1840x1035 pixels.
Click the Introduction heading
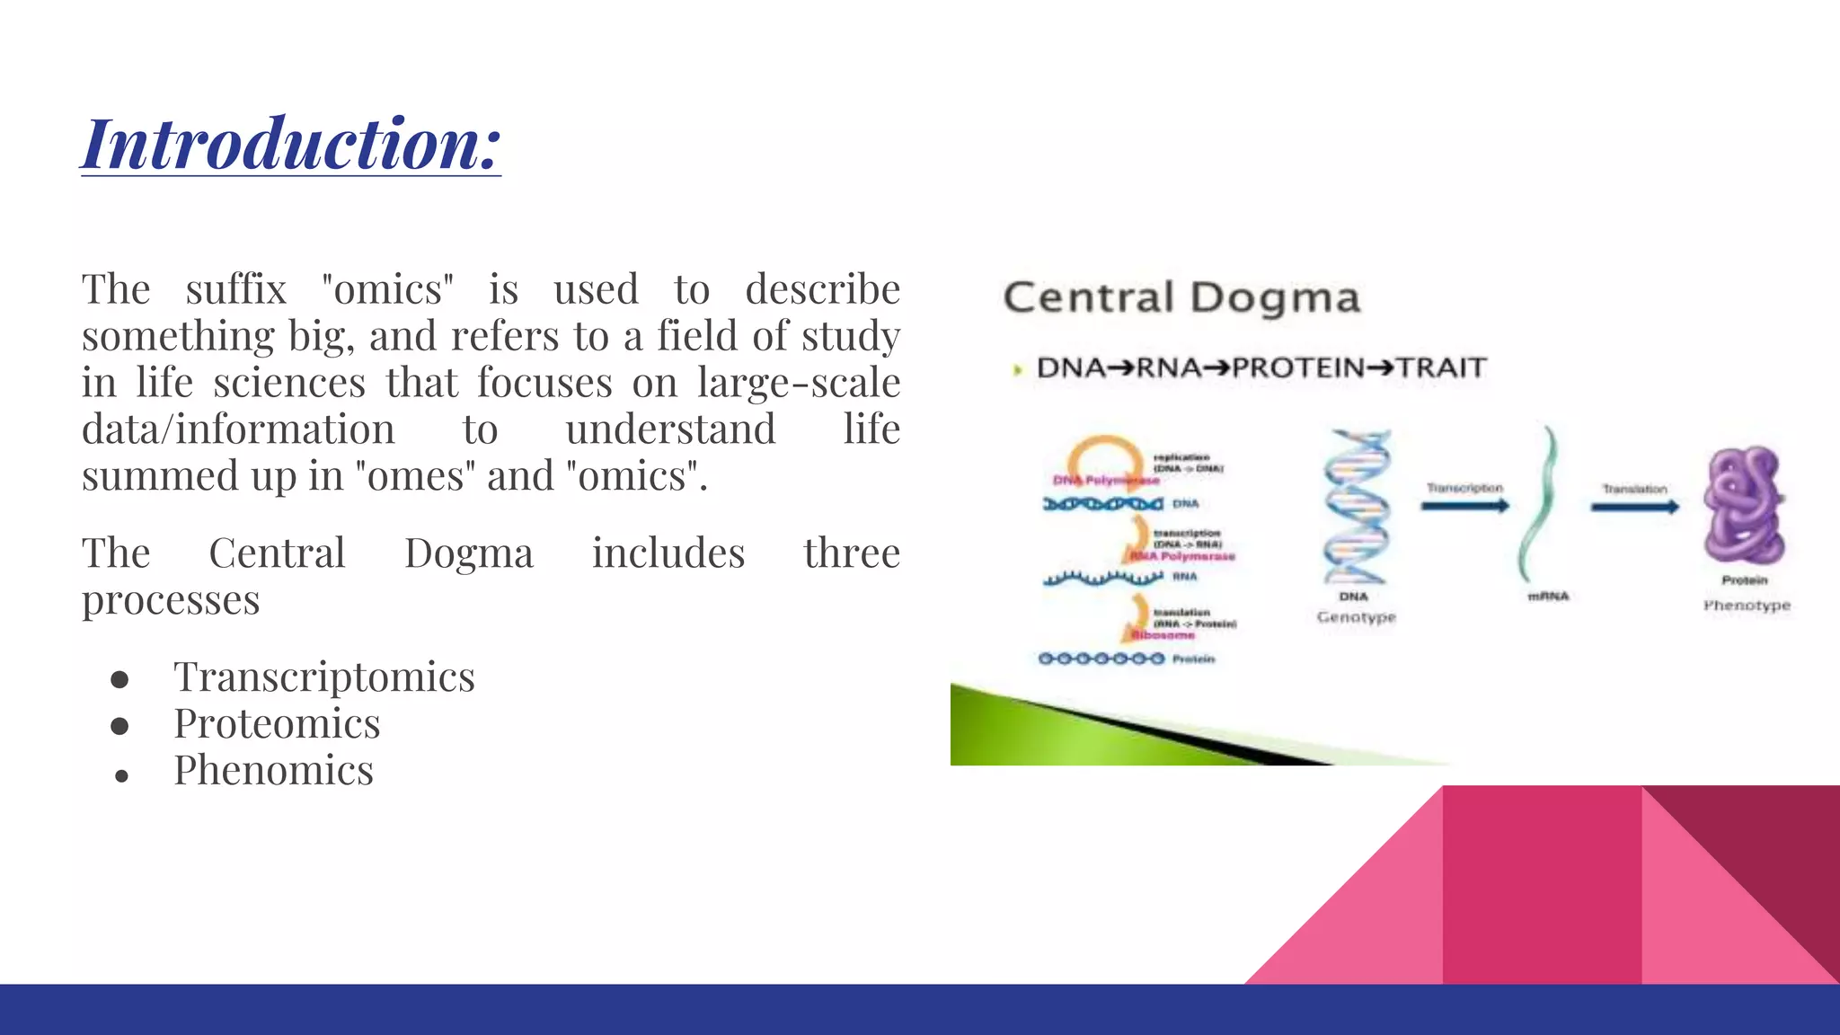coord(291,144)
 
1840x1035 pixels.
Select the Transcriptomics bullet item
coord(323,677)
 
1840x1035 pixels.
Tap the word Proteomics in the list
coord(277,723)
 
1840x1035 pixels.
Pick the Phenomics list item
coord(273,770)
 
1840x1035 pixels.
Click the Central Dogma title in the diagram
coord(1181,298)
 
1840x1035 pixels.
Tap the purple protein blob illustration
coord(1744,506)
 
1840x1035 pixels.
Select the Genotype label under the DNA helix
coord(1356,617)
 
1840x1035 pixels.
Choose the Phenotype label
coord(1747,606)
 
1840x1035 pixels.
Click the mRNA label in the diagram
coord(1548,597)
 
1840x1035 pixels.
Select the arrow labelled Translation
coord(1634,507)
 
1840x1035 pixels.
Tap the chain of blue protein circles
coord(1101,659)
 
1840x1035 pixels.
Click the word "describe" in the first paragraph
coord(822,289)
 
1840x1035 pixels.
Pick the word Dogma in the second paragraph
coord(468,553)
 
